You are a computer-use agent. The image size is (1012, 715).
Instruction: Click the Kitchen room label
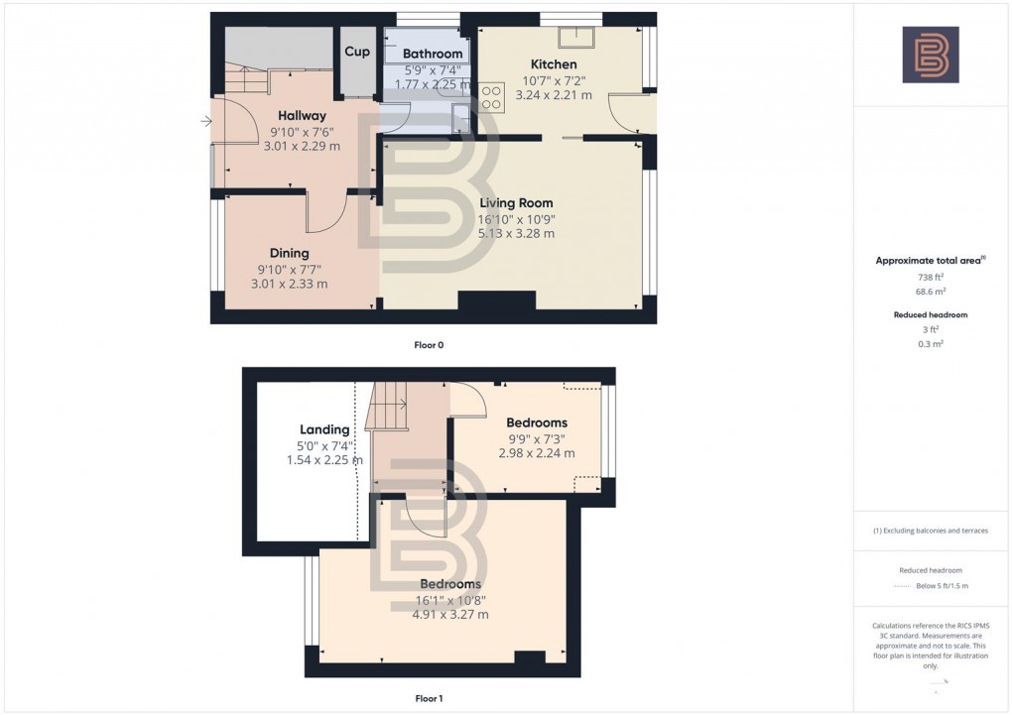point(554,64)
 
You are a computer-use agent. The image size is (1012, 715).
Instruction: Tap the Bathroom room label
point(433,54)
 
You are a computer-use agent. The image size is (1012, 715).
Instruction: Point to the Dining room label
point(289,253)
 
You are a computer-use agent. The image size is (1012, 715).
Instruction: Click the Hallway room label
point(302,116)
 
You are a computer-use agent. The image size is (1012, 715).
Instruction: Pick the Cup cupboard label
point(357,53)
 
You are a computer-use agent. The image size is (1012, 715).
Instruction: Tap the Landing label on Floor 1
point(324,429)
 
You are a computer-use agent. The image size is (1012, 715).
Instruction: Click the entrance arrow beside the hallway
point(205,122)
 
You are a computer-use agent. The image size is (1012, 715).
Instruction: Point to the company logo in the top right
point(931,55)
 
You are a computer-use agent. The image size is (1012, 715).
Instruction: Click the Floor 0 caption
point(429,345)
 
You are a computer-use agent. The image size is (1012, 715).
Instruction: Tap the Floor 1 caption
point(429,698)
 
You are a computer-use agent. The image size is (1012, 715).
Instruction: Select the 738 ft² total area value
point(930,278)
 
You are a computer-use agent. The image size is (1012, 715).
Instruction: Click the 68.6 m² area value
point(930,293)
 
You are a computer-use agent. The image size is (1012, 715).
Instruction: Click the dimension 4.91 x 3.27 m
point(450,615)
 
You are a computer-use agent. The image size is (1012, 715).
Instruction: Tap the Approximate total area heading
point(928,261)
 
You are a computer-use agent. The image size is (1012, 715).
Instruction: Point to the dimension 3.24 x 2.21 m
point(554,95)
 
